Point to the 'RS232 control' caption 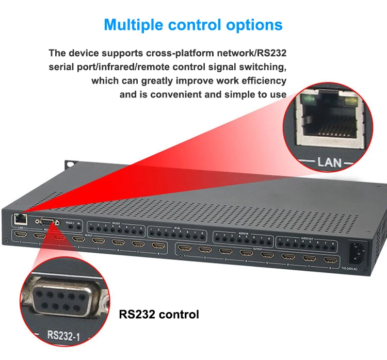[x=158, y=314]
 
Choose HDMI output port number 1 [x=185, y=249]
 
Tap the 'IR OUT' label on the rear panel [x=116, y=223]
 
